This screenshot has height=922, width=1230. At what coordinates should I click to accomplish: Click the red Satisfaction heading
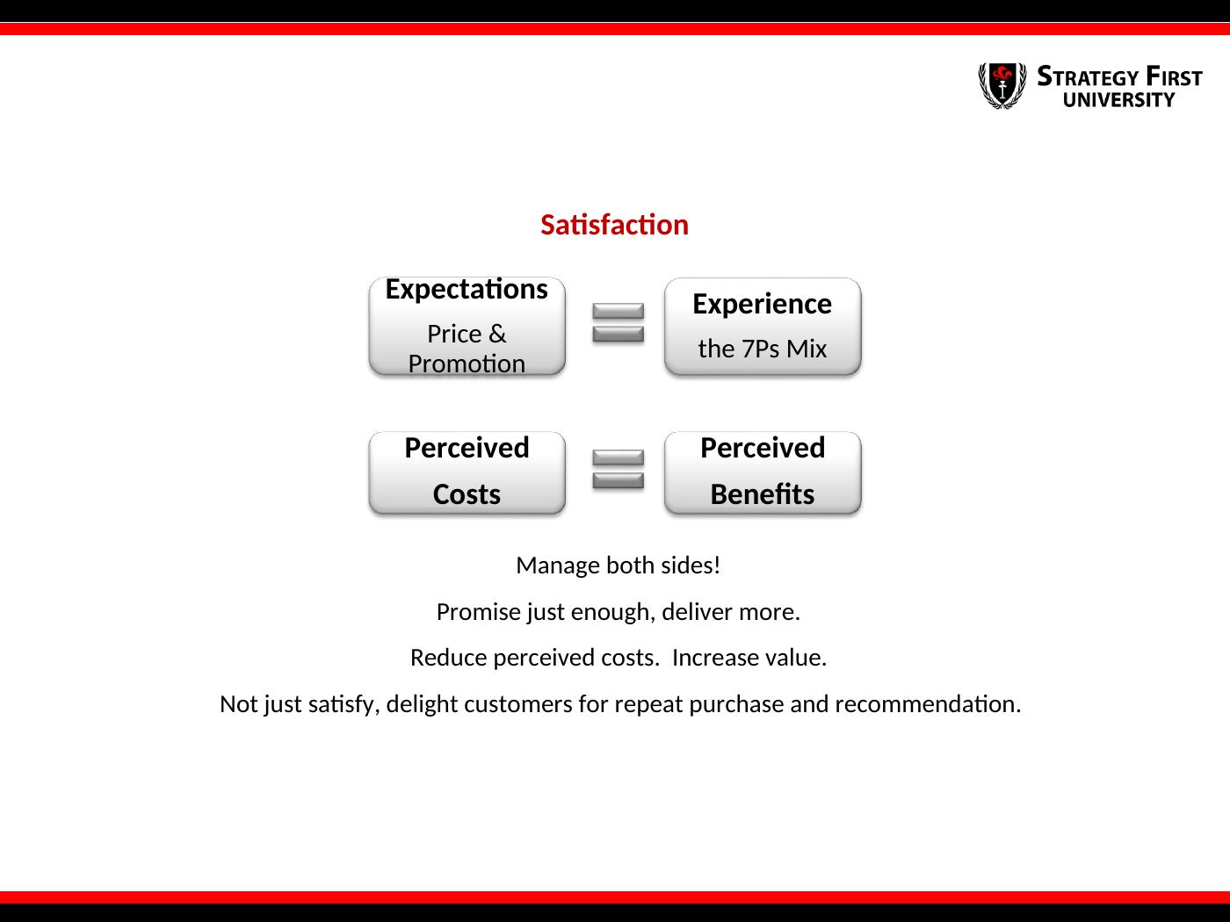coord(614,225)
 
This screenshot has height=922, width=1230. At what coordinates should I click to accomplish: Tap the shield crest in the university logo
coord(1002,85)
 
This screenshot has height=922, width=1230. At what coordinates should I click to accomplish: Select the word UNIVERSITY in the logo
coord(1118,100)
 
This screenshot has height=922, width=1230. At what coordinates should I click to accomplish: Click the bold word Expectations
coord(467,290)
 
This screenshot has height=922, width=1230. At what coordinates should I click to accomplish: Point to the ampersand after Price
coord(497,335)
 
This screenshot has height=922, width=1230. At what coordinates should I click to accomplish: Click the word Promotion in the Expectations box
coord(467,364)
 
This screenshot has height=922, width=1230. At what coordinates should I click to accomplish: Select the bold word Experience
coord(762,305)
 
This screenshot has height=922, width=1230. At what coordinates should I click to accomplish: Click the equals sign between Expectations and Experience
coord(619,322)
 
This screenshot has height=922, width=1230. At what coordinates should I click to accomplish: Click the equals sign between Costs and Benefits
coord(619,469)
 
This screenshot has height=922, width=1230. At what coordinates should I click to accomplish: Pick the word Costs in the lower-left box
coord(467,494)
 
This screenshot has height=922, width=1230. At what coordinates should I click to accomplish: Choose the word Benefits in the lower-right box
coord(762,494)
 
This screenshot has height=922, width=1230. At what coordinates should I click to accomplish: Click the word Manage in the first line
coord(558,566)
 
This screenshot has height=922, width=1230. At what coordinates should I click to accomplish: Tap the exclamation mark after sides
coord(717,565)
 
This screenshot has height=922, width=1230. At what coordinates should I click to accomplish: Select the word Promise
coord(479,612)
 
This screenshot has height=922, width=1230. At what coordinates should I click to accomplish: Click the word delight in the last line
coord(422,704)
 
